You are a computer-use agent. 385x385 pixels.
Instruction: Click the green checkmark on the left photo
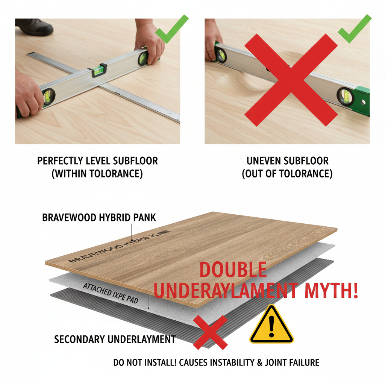(x=171, y=29)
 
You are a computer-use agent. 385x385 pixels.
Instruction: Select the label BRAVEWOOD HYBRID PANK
(x=99, y=218)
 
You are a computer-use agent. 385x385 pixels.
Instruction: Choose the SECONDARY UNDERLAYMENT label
(x=115, y=340)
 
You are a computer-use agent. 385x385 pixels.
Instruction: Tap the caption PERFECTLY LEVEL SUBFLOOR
(x=97, y=161)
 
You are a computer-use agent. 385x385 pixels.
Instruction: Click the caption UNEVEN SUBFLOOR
(x=287, y=161)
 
